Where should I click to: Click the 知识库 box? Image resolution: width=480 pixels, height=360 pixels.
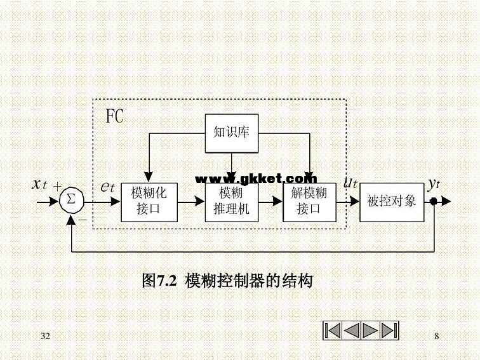(x=231, y=133)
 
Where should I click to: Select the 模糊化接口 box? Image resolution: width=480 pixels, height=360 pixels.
(x=149, y=201)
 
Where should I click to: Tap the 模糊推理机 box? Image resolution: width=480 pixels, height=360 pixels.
(x=231, y=201)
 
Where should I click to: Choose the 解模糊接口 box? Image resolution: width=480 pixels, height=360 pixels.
(x=309, y=201)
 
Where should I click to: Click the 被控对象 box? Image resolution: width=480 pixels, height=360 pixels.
(x=391, y=201)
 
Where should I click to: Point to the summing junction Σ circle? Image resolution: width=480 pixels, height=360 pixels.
(x=70, y=201)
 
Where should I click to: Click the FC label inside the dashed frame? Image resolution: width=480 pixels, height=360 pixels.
(x=115, y=116)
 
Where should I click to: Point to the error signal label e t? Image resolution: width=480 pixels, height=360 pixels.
(x=107, y=186)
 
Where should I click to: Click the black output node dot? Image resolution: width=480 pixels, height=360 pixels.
(x=434, y=201)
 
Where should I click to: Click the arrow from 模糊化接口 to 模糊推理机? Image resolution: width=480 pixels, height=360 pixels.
(x=190, y=201)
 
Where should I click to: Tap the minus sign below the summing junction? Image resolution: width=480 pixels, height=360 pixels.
(x=83, y=219)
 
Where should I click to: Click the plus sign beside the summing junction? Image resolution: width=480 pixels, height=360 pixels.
(x=58, y=186)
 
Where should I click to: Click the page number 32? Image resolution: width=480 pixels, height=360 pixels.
(x=45, y=335)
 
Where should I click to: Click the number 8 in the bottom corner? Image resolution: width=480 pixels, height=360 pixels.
(x=436, y=335)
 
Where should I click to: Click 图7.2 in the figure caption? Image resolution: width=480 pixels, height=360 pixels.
(x=158, y=281)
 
